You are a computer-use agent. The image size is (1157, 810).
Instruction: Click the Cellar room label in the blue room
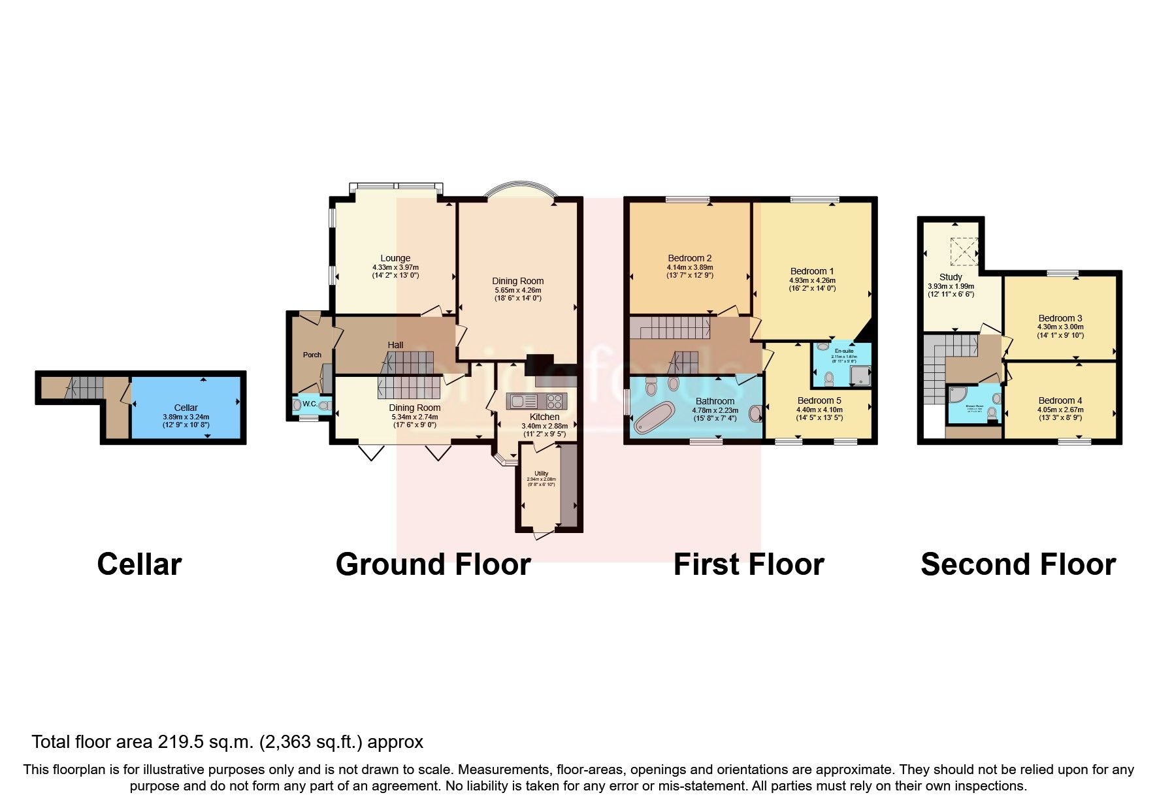186,408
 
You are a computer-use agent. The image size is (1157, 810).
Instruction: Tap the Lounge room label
395,258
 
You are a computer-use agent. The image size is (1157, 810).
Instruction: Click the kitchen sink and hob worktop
536,400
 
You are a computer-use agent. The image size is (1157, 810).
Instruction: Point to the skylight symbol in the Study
964,251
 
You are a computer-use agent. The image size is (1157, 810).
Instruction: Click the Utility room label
541,473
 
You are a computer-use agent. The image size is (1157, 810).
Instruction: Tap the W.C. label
309,404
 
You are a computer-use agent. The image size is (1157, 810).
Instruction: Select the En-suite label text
843,351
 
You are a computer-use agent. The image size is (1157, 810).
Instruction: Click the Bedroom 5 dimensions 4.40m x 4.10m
819,410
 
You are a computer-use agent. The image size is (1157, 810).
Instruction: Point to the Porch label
312,355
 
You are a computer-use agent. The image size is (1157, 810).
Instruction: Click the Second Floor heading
1018,564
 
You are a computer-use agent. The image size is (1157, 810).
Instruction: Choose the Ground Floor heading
433,564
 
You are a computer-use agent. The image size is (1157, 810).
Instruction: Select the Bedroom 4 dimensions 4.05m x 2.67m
1060,410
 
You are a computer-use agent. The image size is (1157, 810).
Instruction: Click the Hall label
395,345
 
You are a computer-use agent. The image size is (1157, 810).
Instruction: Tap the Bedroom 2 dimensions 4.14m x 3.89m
689,267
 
